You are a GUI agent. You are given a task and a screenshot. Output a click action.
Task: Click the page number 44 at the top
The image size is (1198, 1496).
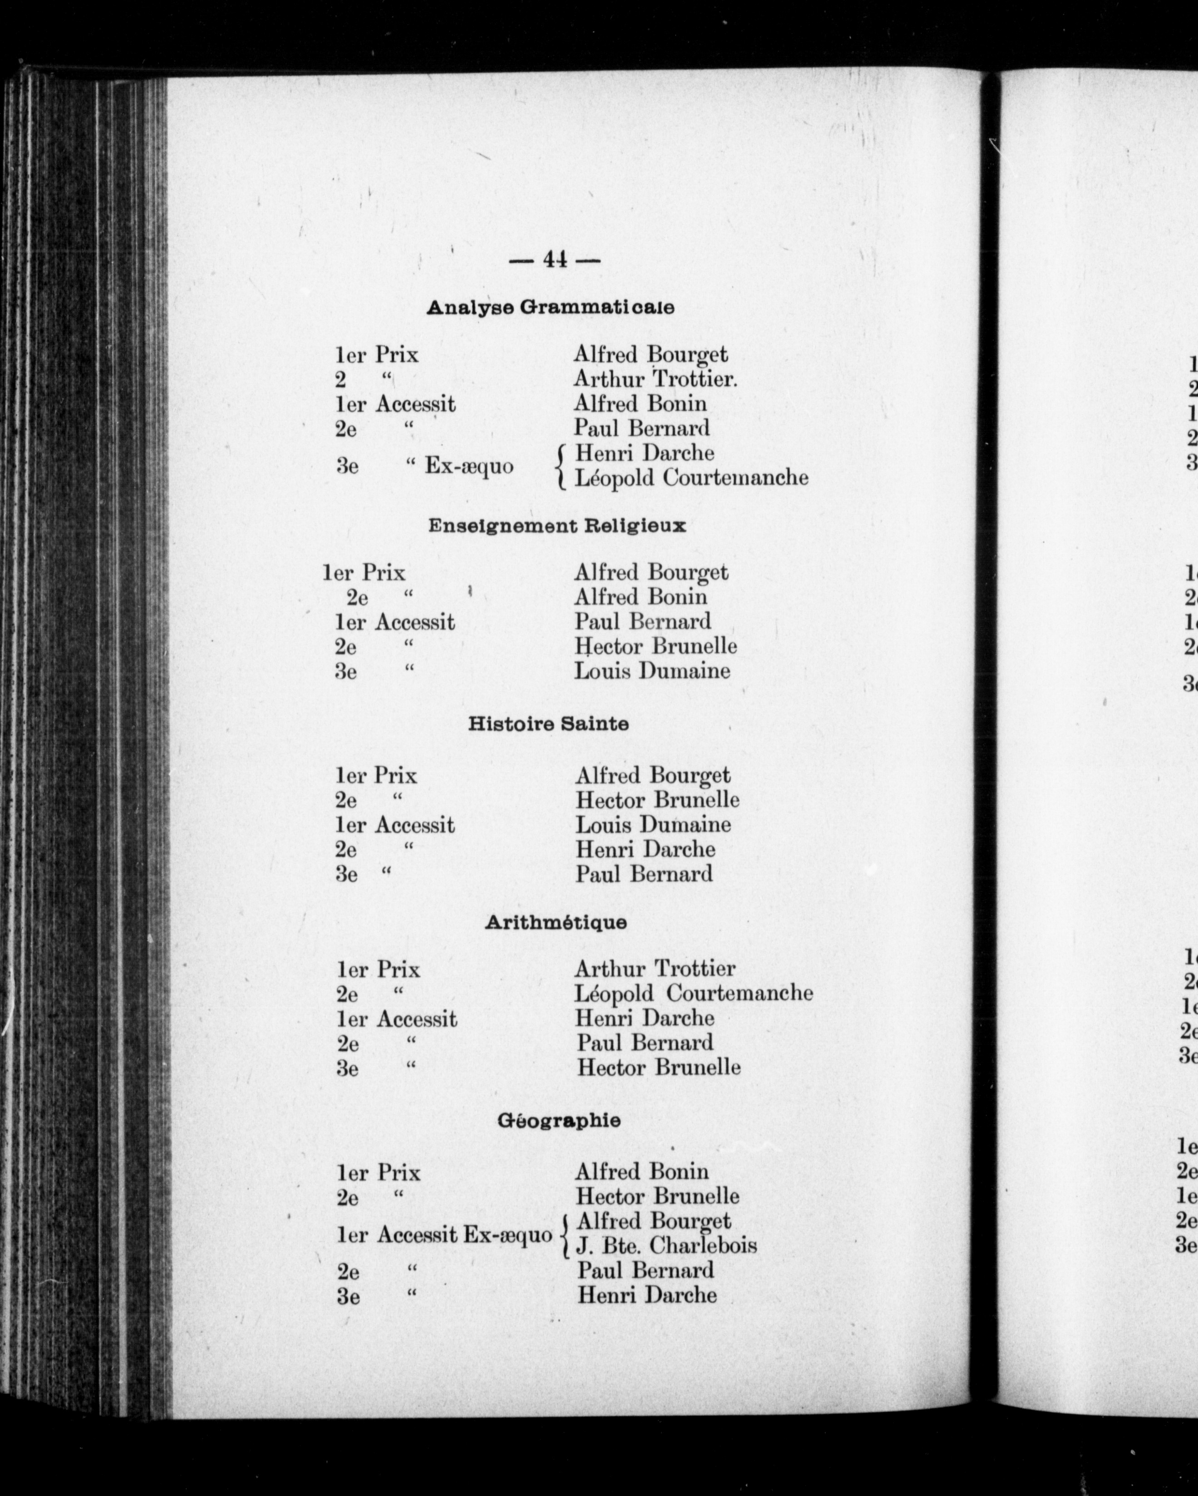click(554, 260)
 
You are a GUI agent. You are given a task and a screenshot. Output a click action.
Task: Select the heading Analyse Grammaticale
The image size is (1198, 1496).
click(550, 307)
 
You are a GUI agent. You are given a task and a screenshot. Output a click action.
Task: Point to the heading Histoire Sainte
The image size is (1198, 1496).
click(549, 724)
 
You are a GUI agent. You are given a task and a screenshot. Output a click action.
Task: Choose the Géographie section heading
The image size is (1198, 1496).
click(559, 1121)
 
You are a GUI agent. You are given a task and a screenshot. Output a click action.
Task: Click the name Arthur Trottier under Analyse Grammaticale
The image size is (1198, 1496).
click(655, 379)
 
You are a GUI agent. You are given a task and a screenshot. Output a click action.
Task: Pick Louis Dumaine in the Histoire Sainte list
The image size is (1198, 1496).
click(653, 825)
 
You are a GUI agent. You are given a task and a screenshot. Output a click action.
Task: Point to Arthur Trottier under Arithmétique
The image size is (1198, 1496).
click(654, 969)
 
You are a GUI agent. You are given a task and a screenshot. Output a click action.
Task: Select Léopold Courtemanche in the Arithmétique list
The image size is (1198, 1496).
click(693, 994)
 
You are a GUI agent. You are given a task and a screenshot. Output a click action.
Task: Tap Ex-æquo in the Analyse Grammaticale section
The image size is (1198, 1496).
click(469, 466)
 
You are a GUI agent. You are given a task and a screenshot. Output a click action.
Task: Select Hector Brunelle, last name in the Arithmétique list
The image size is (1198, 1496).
click(658, 1067)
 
